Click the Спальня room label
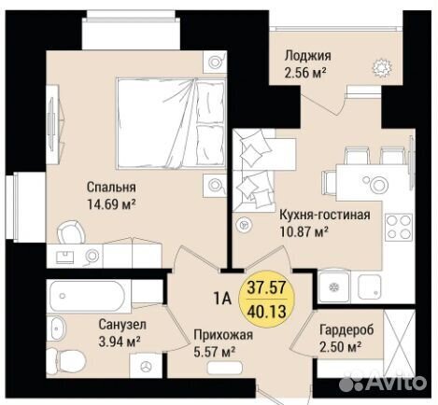pos(111,188)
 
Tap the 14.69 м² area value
pos(112,204)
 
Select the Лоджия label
pos(308,56)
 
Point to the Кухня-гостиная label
pos(325,215)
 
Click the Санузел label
pos(122,325)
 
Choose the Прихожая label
pos(223,335)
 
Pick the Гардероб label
pos(346,329)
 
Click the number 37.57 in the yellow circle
pos(266,287)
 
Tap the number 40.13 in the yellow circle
pos(266,311)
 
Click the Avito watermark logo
pos(382,382)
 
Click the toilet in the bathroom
pos(66,363)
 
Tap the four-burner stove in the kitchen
pos(399,227)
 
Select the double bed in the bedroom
pos(171,123)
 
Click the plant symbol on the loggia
pos(382,67)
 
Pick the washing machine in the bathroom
pos(146,366)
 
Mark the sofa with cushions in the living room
pos(254,171)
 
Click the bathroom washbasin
pos(56,328)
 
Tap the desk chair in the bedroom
pos(71,232)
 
